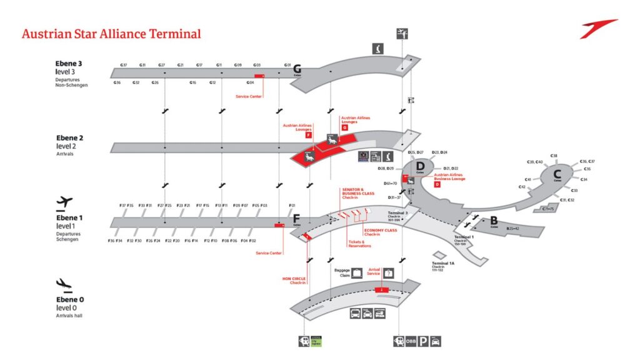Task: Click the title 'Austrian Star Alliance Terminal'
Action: (111, 34)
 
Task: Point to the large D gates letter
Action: (420, 166)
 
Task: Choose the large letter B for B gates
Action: (493, 220)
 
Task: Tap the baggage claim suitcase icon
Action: (356, 272)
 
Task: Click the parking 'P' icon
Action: (423, 341)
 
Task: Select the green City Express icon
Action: (316, 341)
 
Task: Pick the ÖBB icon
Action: (410, 341)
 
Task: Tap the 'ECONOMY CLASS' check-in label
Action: (381, 232)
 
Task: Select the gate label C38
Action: (554, 156)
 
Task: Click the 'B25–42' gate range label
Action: (513, 229)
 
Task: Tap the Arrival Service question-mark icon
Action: (389, 273)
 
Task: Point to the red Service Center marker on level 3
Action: (259, 76)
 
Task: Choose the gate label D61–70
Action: (391, 184)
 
